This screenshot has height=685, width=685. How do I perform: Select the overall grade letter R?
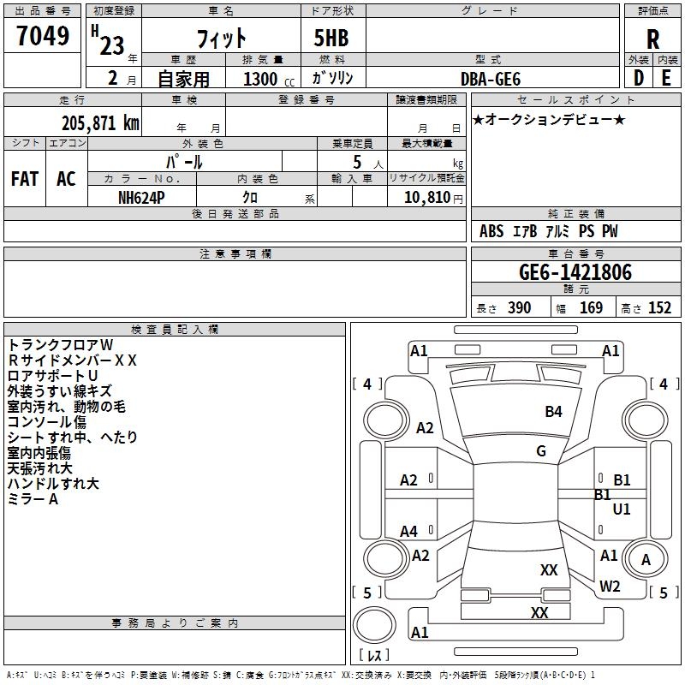click(652, 39)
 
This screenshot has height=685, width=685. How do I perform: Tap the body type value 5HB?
click(325, 39)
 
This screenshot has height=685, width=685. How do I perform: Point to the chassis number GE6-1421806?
click(575, 272)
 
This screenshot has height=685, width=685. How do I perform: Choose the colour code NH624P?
click(142, 196)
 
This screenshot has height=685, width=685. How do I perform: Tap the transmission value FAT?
click(25, 179)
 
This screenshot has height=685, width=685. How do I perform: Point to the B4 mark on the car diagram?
click(554, 412)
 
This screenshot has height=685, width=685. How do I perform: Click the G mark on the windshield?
click(541, 450)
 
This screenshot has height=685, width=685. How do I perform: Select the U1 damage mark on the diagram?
click(622, 509)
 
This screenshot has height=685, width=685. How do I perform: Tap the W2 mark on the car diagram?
click(610, 586)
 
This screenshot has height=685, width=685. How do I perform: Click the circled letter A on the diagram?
click(646, 560)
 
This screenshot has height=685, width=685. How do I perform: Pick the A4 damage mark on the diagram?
click(409, 532)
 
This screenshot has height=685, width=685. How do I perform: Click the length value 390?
click(519, 308)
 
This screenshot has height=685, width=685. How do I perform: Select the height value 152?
click(659, 308)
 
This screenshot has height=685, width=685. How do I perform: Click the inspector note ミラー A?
click(33, 500)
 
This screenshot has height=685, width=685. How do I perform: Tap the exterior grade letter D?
click(638, 78)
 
